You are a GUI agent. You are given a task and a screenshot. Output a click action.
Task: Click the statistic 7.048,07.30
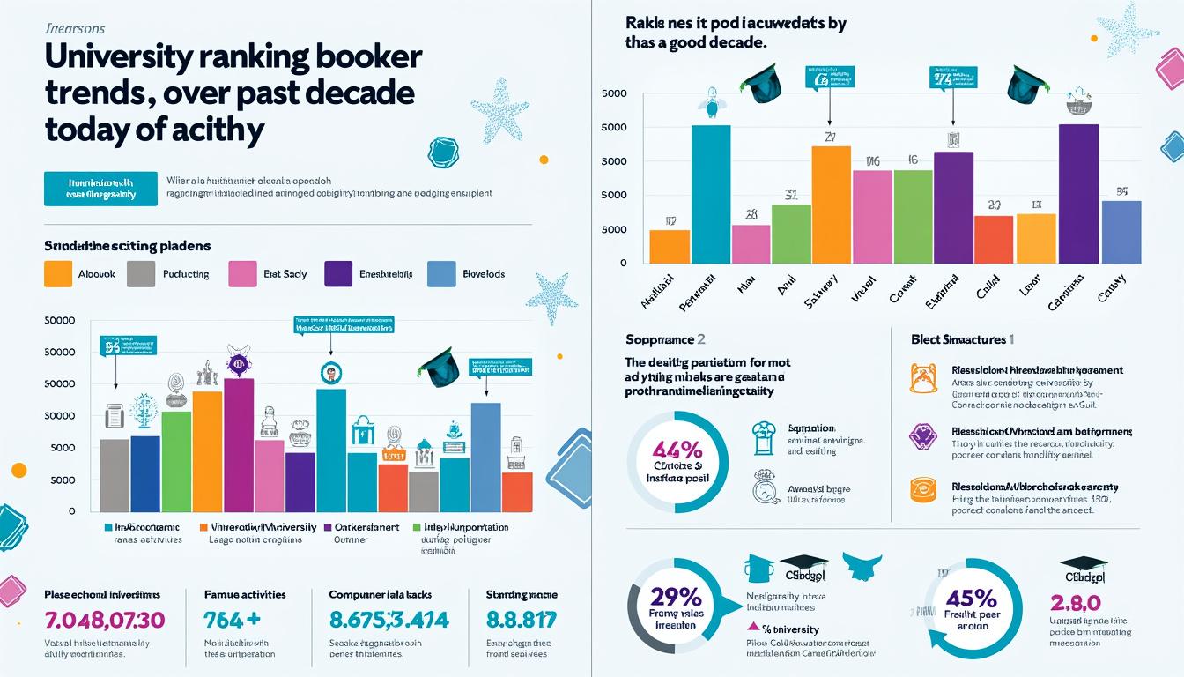pos(104,621)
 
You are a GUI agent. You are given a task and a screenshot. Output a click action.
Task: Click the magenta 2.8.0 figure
pos(1076,603)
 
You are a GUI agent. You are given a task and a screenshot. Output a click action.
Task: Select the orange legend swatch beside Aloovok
pos(56,274)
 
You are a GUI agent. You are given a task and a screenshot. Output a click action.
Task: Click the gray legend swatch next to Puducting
pos(141,274)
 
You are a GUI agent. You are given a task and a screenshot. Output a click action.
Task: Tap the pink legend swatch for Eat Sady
pos(241,274)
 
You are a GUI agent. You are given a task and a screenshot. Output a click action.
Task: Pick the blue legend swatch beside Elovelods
pos(440,274)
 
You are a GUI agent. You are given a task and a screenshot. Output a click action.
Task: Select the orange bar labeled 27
pos(831,205)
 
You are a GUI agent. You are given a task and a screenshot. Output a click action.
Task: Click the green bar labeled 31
pos(791,234)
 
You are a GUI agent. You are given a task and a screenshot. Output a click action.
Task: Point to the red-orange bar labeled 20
pos(994,239)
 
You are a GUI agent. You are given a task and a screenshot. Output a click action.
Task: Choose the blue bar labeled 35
pos(1121,232)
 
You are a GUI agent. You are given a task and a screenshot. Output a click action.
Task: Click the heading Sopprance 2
pos(665,339)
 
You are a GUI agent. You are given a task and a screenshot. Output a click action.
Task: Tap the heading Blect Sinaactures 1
pos(962,339)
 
